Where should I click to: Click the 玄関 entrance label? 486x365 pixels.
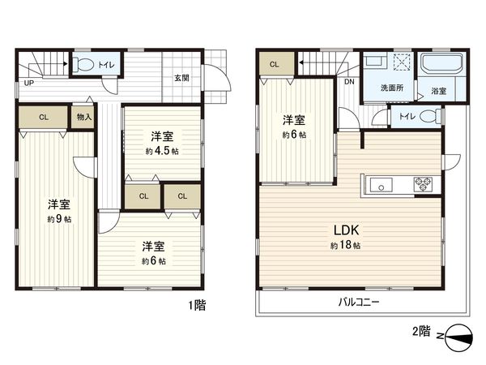point(181,78)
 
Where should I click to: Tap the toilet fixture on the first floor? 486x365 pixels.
point(84,63)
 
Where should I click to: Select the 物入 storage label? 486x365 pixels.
point(84,117)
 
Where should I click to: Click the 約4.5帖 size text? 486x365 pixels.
point(161,151)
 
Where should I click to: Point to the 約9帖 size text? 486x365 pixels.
point(58,219)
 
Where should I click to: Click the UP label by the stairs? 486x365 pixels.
point(28,83)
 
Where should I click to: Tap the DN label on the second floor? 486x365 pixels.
point(349,83)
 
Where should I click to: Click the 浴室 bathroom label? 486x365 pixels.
point(438,90)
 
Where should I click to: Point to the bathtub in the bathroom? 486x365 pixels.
point(441,63)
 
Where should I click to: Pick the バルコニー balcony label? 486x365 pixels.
point(359,301)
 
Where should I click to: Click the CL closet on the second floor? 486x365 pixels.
point(275,64)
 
